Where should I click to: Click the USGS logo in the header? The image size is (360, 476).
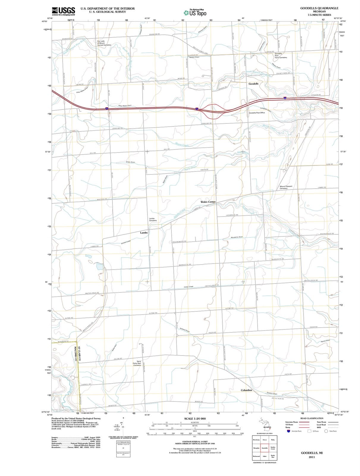point(63,11)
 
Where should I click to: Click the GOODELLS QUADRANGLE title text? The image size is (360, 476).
point(319,8)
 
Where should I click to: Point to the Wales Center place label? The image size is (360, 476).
point(208,202)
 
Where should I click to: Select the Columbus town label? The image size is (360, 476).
point(246,390)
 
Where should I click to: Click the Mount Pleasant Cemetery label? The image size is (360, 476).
point(286,187)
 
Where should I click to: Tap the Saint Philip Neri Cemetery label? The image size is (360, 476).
point(137,363)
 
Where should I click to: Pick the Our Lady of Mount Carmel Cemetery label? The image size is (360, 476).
point(104,43)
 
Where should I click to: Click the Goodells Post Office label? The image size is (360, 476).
point(257,113)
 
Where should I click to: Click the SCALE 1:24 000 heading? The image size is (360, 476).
point(195,419)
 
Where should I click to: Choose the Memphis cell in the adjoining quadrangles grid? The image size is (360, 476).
point(256,448)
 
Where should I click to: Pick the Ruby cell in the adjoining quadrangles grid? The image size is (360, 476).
point(273,440)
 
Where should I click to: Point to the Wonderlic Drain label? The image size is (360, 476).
point(237,237)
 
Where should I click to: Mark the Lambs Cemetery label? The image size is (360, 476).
point(153,220)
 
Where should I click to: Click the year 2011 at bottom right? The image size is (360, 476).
point(312,457)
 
